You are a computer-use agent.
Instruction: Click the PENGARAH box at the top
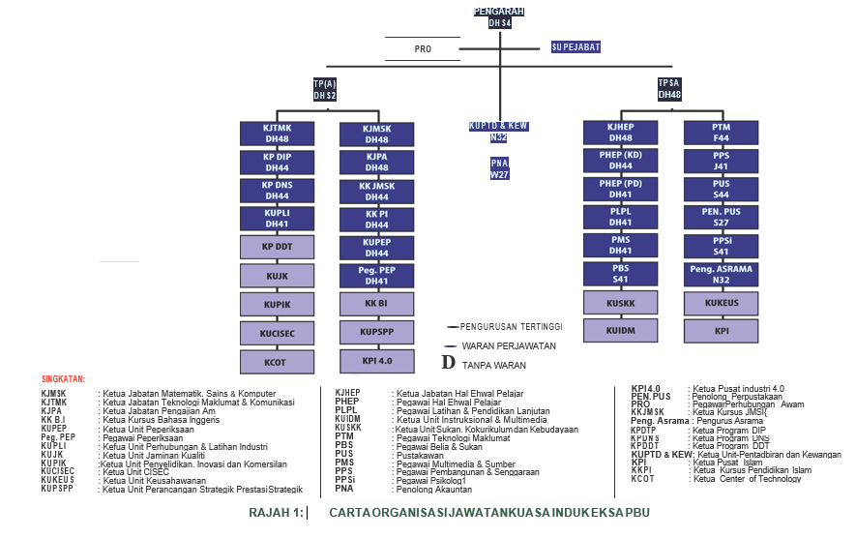click(499, 16)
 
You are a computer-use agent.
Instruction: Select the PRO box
click(423, 48)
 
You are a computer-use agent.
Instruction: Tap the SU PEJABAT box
click(576, 46)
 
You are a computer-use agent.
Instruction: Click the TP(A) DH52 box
click(325, 90)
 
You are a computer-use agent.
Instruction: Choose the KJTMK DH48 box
click(277, 134)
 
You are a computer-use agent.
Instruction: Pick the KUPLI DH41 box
click(277, 218)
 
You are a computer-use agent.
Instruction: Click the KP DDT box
click(277, 247)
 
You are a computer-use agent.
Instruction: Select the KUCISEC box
click(277, 334)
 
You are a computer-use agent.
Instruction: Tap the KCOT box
click(277, 363)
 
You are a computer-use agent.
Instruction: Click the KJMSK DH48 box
click(377, 134)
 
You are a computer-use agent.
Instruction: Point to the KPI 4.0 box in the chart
click(377, 361)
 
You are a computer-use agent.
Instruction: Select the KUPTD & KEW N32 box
click(499, 132)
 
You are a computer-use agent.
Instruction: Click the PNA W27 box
click(499, 168)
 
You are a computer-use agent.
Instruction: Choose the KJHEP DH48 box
click(620, 134)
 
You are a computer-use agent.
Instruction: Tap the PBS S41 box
click(620, 274)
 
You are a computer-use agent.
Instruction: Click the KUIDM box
click(620, 331)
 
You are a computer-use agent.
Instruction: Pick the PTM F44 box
click(721, 134)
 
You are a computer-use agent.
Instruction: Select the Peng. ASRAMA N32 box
click(721, 274)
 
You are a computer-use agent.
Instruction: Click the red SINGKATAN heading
click(64, 378)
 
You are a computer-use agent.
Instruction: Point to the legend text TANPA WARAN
click(494, 365)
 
